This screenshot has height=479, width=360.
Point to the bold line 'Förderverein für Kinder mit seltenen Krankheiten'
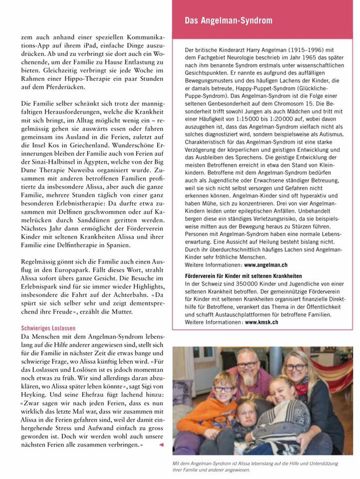(x=243, y=276)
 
